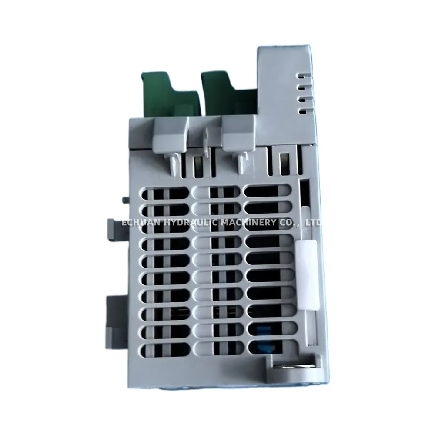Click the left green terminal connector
pos(171,94)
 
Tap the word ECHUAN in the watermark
pos(141,222)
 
